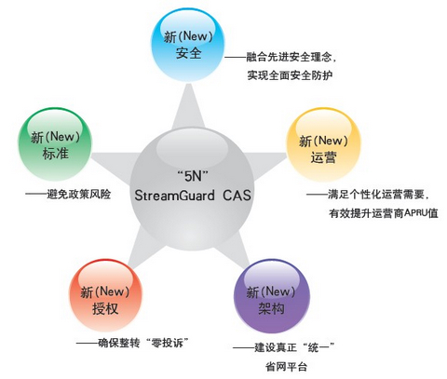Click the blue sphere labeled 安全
pyautogui.click(x=187, y=45)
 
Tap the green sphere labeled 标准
pyautogui.click(x=55, y=144)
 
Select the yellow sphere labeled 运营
pyautogui.click(x=323, y=144)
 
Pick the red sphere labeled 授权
pyautogui.click(x=105, y=296)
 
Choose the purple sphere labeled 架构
pyautogui.click(x=271, y=296)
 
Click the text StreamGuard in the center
pyautogui.click(x=175, y=196)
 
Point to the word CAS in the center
pyautogui.click(x=237, y=196)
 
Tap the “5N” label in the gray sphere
pyautogui.click(x=192, y=176)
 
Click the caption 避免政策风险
pyautogui.click(x=78, y=195)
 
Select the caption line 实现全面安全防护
pyautogui.click(x=290, y=75)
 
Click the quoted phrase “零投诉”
pyautogui.click(x=167, y=343)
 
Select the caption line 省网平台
pyautogui.click(x=286, y=366)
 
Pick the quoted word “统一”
pyautogui.click(x=318, y=347)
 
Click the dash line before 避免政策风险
pyautogui.click(x=36, y=195)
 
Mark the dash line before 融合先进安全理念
pyautogui.click(x=236, y=57)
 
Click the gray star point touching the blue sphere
pyautogui.click(x=189, y=105)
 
